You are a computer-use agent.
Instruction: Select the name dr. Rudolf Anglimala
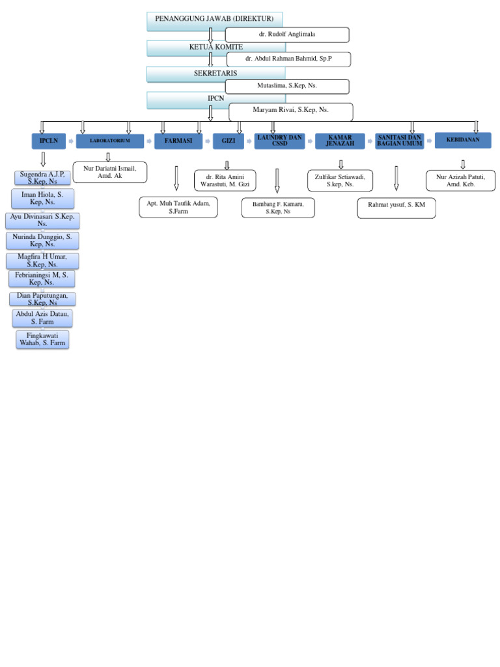click(287, 35)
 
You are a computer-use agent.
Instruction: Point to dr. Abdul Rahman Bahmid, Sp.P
click(288, 59)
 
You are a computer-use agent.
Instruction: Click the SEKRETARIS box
click(189, 74)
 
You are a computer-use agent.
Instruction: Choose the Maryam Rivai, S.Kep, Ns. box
click(290, 112)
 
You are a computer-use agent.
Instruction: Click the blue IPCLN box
click(49, 141)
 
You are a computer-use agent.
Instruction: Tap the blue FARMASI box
click(178, 141)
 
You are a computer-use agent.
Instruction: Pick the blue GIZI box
click(229, 141)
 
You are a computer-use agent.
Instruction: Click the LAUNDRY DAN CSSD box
click(279, 141)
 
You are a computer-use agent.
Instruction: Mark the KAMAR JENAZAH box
click(340, 141)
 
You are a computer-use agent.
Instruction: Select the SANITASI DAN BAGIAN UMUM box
click(400, 141)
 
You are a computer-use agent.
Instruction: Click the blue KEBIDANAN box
click(463, 140)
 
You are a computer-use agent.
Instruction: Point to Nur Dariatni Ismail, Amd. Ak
click(110, 172)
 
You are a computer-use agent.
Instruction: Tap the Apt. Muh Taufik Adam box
click(178, 207)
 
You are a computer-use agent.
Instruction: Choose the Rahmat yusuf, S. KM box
click(396, 208)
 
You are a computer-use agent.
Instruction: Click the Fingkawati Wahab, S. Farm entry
click(42, 339)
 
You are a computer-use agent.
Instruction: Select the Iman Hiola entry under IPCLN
click(42, 199)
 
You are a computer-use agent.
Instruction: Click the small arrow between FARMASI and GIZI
click(208, 141)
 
